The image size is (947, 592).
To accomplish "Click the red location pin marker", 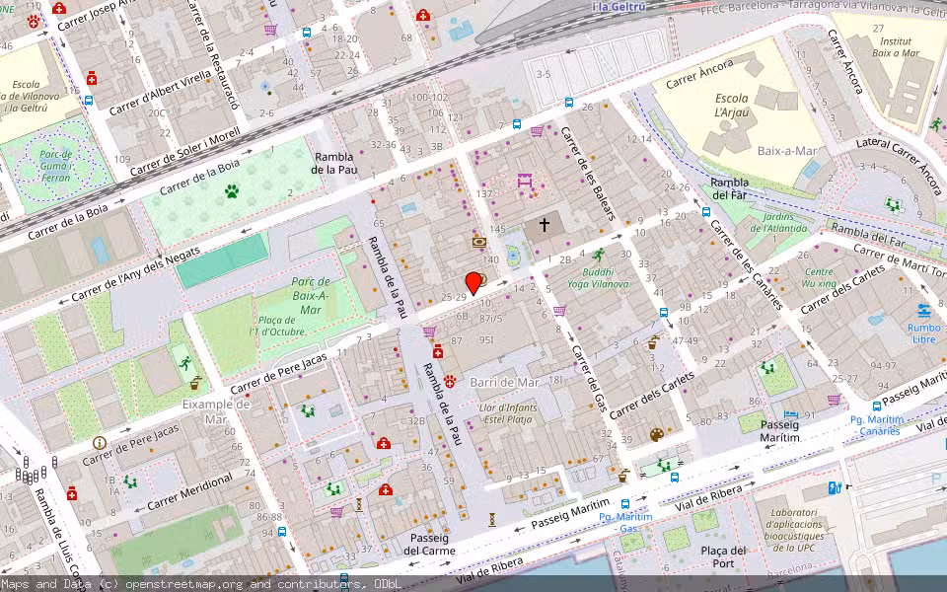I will point(473,282).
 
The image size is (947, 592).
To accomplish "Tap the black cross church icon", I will point(544,226).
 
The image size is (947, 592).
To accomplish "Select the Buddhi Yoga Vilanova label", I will point(598,277).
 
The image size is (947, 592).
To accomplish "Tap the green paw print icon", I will point(232,190).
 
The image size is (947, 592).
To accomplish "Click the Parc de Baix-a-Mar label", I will point(311,296).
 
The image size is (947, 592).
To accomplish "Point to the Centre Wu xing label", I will point(819,278).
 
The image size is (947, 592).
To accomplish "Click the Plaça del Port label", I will point(723,556).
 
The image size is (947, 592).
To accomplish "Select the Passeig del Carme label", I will point(426,544).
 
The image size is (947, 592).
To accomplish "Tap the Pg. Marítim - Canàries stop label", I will point(875,424).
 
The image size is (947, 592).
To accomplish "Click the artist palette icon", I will point(657,435).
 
